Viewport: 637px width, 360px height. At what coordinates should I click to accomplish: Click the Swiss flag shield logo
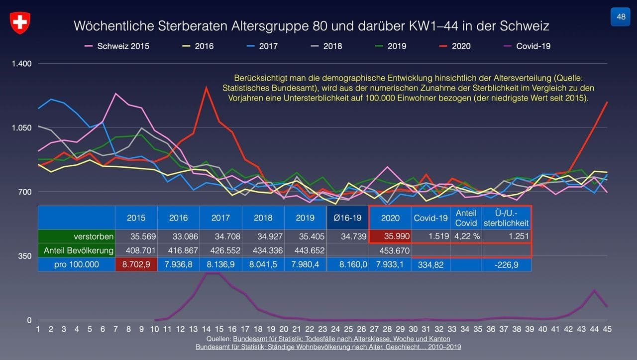pyautogui.click(x=20, y=23)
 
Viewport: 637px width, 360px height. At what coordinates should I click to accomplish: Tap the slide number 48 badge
pyautogui.click(x=621, y=17)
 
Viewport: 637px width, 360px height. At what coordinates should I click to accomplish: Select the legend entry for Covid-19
pyautogui.click(x=533, y=46)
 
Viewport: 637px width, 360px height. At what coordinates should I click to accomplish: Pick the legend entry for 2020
pyautogui.click(x=461, y=46)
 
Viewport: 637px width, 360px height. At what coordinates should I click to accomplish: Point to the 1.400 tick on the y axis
pyautogui.click(x=22, y=64)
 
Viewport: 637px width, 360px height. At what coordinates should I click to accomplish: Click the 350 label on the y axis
pyautogui.click(x=24, y=256)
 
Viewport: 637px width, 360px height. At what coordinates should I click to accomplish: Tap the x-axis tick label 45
pyautogui.click(x=607, y=329)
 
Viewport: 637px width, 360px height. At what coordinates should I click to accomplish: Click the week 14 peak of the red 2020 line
pyautogui.click(x=206, y=88)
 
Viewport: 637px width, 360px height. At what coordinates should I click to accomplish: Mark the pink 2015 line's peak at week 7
pyautogui.click(x=115, y=93)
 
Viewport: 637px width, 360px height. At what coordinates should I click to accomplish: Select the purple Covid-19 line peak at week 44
pyautogui.click(x=594, y=290)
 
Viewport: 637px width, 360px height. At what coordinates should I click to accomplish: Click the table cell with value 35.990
pyautogui.click(x=390, y=237)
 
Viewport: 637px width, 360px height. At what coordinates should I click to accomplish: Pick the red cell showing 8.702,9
pyautogui.click(x=136, y=265)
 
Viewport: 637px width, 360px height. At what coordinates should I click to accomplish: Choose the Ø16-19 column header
pyautogui.click(x=347, y=218)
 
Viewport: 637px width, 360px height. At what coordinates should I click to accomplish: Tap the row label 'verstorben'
pyautogui.click(x=94, y=237)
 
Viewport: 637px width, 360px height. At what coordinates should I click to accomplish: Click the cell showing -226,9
pyautogui.click(x=506, y=265)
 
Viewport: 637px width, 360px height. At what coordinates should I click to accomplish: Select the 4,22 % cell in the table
pyautogui.click(x=466, y=237)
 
